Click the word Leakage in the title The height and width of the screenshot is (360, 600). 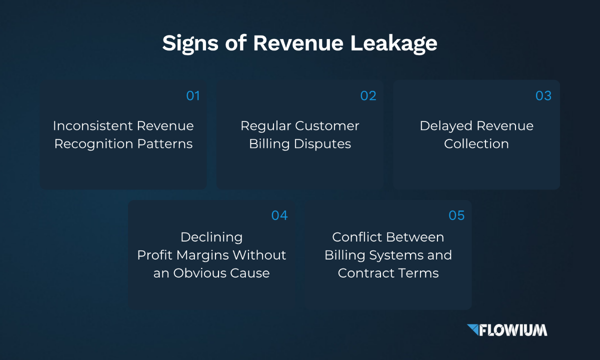pos(394,43)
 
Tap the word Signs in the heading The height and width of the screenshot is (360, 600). pos(190,43)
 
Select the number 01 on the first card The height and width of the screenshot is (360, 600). pos(193,95)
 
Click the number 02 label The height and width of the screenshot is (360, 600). pos(368,95)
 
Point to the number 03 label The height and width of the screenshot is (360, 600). pos(543,95)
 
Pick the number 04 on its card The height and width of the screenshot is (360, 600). pos(279,215)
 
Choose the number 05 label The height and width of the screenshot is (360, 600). pos(456,215)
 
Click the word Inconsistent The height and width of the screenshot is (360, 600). pos(92,125)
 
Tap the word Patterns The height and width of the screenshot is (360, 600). pos(165,144)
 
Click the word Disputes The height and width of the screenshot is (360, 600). pos(322,144)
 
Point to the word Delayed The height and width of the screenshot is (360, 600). pos(446,126)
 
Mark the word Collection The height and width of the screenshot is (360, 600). pos(476,144)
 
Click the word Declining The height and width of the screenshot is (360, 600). pos(211,237)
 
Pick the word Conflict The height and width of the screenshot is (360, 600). pos(357,237)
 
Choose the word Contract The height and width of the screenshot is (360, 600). pos(366,273)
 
